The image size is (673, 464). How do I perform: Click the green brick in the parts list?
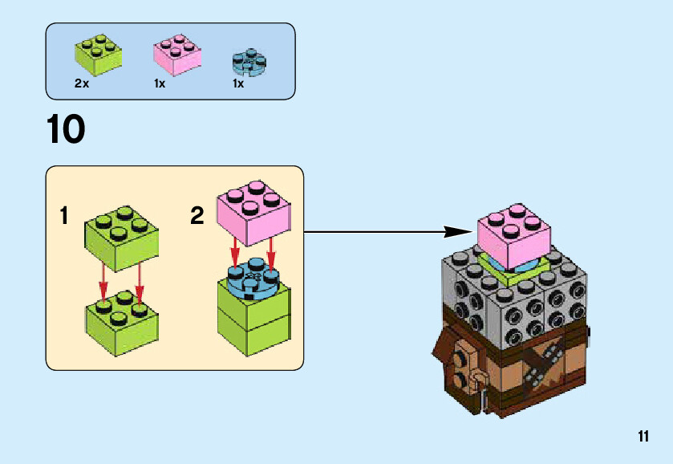coord(98,55)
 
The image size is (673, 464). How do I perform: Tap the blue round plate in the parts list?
coord(248,63)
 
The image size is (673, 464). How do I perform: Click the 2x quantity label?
coord(81,83)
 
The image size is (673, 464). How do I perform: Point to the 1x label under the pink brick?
coord(160,83)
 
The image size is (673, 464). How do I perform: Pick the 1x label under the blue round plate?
coord(238,83)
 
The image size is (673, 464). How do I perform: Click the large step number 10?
coord(66,129)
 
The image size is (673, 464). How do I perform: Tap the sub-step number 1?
coord(63,217)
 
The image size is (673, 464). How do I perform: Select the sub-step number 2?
coord(197,216)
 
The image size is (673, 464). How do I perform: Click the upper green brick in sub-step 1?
coord(120,237)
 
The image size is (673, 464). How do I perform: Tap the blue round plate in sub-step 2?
coord(253,278)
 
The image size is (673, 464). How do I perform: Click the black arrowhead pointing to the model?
coord(457,232)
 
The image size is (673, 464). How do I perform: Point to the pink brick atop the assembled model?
coord(513,228)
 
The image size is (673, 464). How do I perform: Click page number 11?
coord(643,437)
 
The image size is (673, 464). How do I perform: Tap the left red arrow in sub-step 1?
coord(103,285)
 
